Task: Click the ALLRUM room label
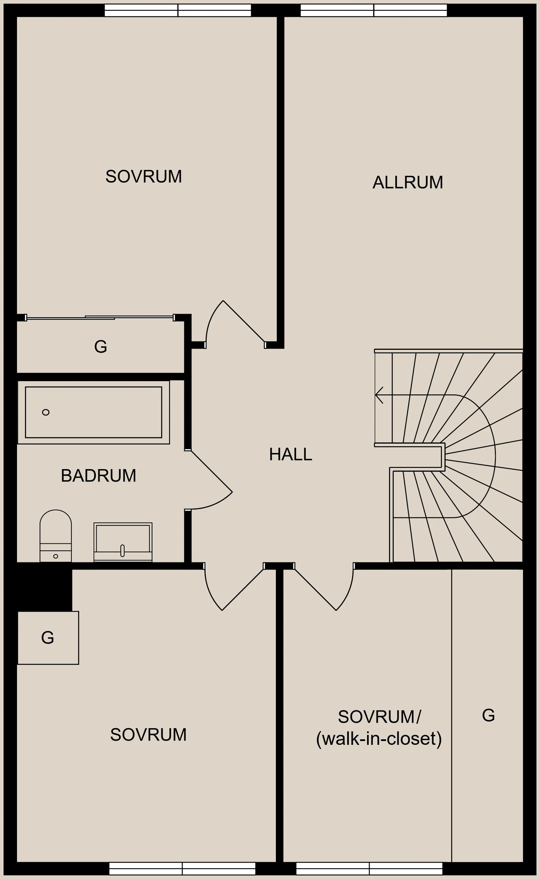coord(407,182)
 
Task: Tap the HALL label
coord(290,454)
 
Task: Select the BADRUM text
coord(99,475)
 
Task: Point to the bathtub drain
coord(46,412)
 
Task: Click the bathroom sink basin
coord(123,542)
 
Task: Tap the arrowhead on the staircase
coord(379,395)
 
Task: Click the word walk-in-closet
coord(379,739)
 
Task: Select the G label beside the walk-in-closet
coord(488,715)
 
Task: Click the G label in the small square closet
coord(47,638)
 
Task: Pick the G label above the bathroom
coord(101,346)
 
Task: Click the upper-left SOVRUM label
coord(144,176)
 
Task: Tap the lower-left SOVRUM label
coord(148,734)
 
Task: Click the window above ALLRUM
coord(373,10)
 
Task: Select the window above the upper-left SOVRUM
coord(178,10)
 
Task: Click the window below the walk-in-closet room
coord(369,868)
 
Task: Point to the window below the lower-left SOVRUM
coord(182,868)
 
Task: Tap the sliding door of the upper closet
coord(100,318)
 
